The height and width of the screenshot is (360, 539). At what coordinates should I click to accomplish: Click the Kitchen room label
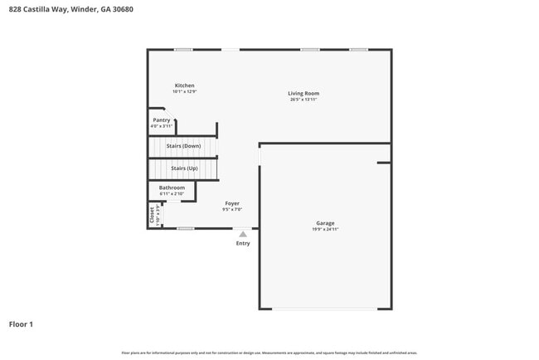pyautogui.click(x=184, y=85)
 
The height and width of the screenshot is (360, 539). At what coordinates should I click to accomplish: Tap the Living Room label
pyautogui.click(x=303, y=93)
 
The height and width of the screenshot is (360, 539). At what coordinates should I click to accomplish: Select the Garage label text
pyautogui.click(x=325, y=222)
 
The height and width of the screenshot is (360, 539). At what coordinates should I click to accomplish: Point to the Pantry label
pyautogui.click(x=162, y=120)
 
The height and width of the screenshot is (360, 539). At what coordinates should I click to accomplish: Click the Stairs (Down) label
pyautogui.click(x=183, y=146)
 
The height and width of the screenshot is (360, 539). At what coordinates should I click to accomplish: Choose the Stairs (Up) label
pyautogui.click(x=184, y=168)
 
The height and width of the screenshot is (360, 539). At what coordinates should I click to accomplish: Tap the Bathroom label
pyautogui.click(x=172, y=187)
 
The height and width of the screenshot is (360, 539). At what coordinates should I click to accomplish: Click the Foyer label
pyautogui.click(x=232, y=203)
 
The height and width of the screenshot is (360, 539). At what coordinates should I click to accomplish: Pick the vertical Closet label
pyautogui.click(x=152, y=214)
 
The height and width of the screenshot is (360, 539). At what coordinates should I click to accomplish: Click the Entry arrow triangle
pyautogui.click(x=243, y=235)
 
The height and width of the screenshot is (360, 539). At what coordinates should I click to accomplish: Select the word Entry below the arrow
pyautogui.click(x=243, y=243)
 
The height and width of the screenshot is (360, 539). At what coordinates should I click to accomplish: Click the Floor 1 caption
pyautogui.click(x=21, y=324)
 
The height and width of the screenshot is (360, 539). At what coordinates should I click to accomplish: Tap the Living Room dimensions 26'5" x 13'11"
pyautogui.click(x=303, y=100)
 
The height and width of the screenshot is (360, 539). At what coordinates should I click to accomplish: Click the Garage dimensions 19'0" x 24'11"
pyautogui.click(x=325, y=229)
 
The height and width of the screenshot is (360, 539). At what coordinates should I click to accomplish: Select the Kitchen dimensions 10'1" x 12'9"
pyautogui.click(x=184, y=91)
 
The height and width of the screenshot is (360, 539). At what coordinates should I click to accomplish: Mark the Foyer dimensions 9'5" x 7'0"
pyautogui.click(x=232, y=209)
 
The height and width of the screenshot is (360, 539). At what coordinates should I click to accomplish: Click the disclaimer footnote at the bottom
pyautogui.click(x=269, y=353)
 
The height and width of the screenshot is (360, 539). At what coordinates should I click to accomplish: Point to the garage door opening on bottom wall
pyautogui.click(x=324, y=309)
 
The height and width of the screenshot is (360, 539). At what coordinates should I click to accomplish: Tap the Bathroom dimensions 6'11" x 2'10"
pyautogui.click(x=172, y=194)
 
